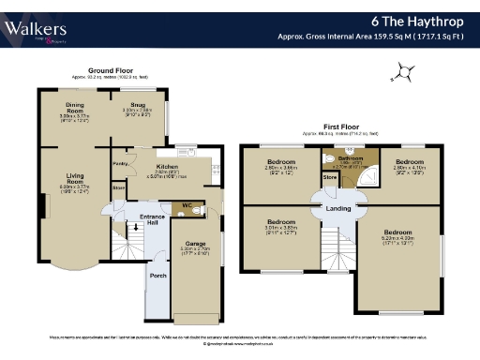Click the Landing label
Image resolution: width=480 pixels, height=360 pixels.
(x=338, y=208)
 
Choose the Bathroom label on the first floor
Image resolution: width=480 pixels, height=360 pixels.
(x=351, y=159)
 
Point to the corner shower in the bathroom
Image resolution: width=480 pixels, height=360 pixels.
(x=372, y=172)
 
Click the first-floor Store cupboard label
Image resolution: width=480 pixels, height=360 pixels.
(x=329, y=175)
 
